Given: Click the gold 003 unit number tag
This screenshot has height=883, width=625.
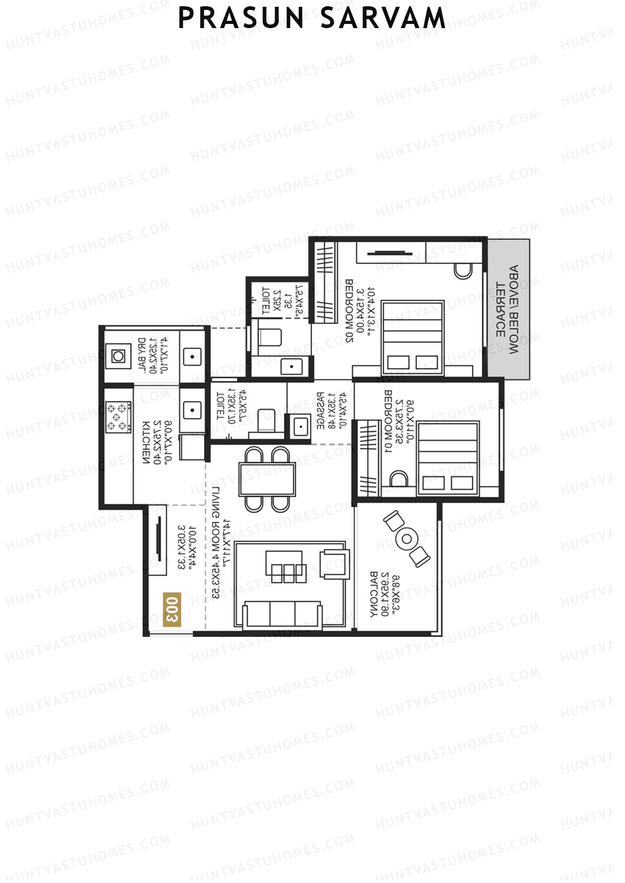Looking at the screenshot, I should pos(172,609).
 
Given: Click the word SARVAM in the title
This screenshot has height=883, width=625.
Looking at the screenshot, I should pos(383,19).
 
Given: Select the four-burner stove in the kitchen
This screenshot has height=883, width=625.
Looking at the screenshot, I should pos(118,417).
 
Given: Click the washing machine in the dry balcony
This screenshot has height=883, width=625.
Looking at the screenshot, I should pos(118,356).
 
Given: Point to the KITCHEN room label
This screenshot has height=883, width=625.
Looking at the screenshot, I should pos(146,442).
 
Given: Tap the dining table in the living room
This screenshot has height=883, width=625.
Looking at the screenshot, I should pos(267,479).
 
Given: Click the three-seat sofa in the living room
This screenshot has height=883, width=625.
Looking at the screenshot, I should pos(282,614).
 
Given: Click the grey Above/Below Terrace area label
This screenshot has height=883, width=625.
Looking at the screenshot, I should pos(508,310).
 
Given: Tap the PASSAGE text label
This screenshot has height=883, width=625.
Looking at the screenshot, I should pos(321,411).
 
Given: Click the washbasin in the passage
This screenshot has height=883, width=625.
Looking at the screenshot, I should pos(299,427).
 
